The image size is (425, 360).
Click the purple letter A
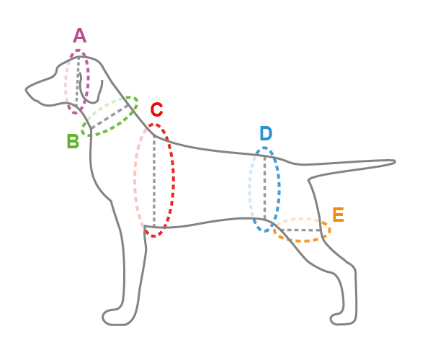coord(80,35)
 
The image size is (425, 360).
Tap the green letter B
coord(73,141)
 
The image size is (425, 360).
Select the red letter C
coord(156,109)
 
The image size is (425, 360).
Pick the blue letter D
coord(266,133)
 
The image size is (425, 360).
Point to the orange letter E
coord(339,215)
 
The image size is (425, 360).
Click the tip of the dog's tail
coord(395,162)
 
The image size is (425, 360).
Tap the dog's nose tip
coord(27,89)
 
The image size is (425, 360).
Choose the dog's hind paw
coord(343,319)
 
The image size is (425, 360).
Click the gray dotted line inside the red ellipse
coord(154,181)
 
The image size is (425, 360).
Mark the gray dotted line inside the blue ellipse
coord(265,187)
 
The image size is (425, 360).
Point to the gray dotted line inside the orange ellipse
coord(300,230)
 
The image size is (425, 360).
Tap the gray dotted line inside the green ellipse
coord(109,117)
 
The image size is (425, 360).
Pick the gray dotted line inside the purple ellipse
coord(78,81)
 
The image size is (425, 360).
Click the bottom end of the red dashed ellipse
coord(154,236)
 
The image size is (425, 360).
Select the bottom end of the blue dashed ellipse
coord(265,231)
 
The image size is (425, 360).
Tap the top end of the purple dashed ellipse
coord(79,50)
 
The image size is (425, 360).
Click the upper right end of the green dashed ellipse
coord(136,100)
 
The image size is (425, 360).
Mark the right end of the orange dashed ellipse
coord(330,230)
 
